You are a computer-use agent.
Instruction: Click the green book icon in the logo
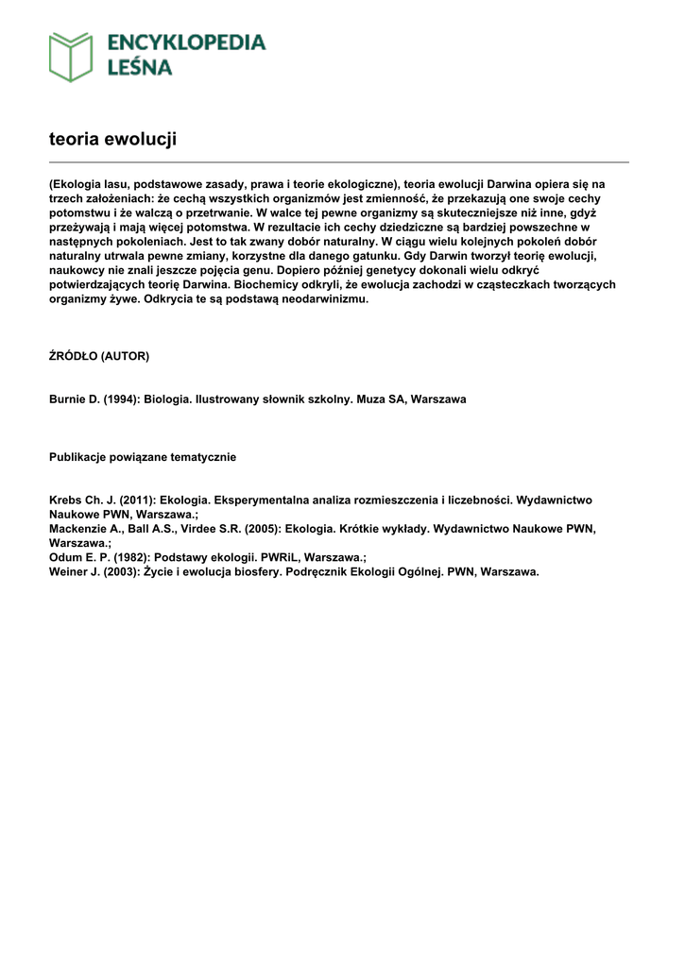coord(71,57)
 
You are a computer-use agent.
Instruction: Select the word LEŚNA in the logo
coord(139,67)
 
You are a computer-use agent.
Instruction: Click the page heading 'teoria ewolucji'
coord(112,139)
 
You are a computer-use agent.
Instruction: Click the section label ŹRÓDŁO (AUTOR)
coord(99,356)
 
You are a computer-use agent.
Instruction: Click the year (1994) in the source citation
coord(117,399)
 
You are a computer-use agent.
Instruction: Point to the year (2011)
coord(136,500)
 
